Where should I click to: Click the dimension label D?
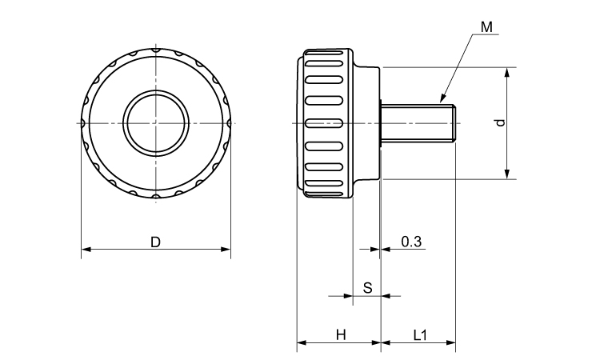[x=156, y=240]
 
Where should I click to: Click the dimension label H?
[x=340, y=335]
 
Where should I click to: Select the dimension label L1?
[x=419, y=335]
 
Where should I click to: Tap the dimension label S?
[x=367, y=286]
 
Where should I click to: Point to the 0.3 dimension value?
[x=411, y=241]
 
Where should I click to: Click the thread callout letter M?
[x=487, y=27]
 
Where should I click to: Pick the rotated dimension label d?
[x=499, y=122]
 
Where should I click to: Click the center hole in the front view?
[x=157, y=123]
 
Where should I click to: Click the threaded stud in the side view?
[x=416, y=123]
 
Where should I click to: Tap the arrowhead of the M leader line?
[x=441, y=101]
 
